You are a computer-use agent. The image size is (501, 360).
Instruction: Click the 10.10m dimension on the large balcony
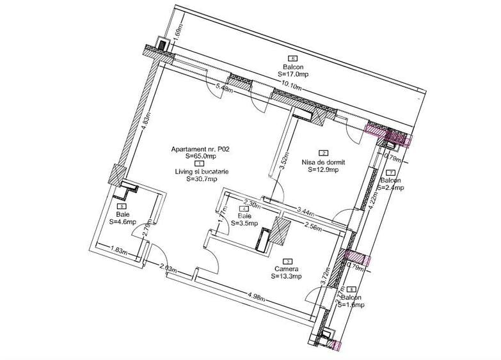point(292,83)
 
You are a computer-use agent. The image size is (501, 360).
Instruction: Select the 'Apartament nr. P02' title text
point(200,148)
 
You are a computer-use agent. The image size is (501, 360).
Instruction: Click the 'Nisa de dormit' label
point(323,162)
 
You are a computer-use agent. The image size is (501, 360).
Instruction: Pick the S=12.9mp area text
point(323,170)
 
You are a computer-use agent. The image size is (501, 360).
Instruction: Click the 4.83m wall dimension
point(145,127)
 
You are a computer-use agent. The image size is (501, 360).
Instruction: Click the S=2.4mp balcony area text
point(391,188)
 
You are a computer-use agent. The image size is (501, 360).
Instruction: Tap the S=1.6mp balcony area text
point(353,306)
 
